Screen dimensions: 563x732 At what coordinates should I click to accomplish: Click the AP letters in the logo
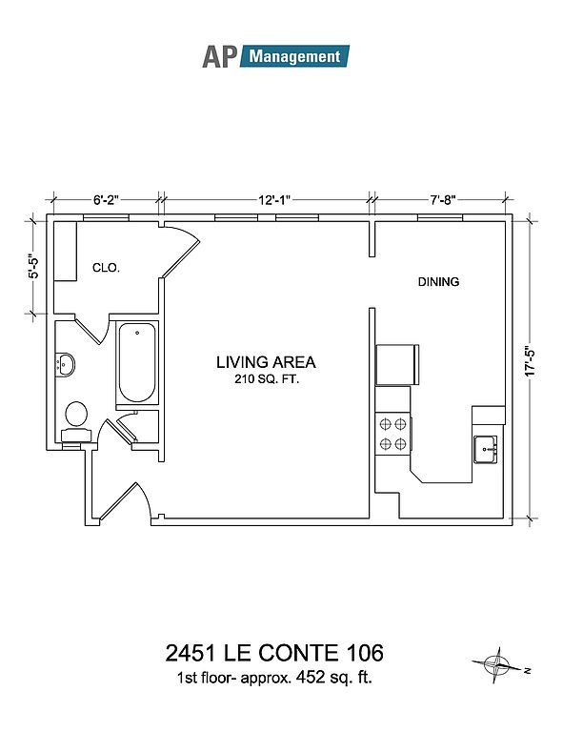pos(220,57)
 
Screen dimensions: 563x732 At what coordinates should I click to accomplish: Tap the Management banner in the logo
pos(294,56)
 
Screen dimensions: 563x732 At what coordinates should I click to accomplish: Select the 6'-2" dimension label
pos(107,200)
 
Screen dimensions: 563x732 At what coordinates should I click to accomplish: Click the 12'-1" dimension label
pos(274,200)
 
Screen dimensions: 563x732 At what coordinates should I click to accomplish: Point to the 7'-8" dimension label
pos(443,200)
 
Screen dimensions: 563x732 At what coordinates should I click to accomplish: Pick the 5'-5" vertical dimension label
pos(33,267)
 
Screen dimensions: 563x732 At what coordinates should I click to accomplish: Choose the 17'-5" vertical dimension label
pos(530,361)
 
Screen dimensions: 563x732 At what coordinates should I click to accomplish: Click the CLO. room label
pos(107,268)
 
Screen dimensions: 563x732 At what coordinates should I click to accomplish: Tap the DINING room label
pos(438,281)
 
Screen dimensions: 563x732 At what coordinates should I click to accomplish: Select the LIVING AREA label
pos(266,362)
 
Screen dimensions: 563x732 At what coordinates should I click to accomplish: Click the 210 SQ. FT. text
pos(267,379)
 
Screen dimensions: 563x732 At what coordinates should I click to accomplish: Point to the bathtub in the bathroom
pos(137,362)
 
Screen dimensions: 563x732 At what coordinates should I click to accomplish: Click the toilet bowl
pos(76,415)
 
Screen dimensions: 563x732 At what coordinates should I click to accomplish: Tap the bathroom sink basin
pos(66,365)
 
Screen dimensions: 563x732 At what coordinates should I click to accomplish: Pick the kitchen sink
pos(485,449)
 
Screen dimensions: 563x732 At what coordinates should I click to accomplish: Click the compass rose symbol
pos(496,664)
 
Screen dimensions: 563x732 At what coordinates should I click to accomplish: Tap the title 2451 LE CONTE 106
pos(274,653)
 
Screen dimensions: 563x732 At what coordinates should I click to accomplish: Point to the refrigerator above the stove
pos(397,365)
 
